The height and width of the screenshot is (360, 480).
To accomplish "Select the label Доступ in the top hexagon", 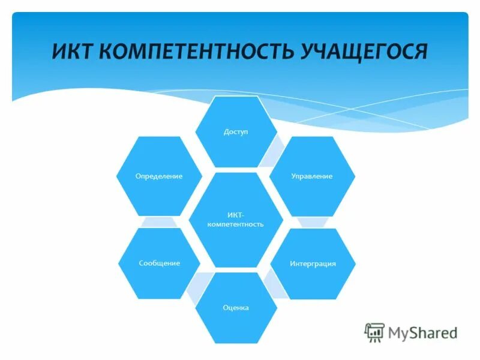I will [236, 131].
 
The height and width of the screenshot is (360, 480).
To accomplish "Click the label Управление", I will [311, 176].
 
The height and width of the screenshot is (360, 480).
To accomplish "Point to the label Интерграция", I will [313, 263].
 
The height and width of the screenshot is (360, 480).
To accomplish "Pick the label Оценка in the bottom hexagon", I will [236, 308].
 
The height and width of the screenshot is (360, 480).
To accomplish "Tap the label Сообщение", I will [160, 263].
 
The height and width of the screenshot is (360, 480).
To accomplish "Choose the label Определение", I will [160, 176].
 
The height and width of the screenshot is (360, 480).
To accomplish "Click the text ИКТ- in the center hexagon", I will [236, 214].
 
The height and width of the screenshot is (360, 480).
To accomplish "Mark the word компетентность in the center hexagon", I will [236, 224].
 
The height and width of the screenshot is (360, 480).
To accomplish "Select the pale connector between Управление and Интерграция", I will [312, 221].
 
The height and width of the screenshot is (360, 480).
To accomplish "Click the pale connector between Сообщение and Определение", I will [160, 221].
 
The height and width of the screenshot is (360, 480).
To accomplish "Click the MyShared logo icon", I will [374, 332].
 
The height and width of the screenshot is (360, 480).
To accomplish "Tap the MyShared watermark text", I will [422, 332].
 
